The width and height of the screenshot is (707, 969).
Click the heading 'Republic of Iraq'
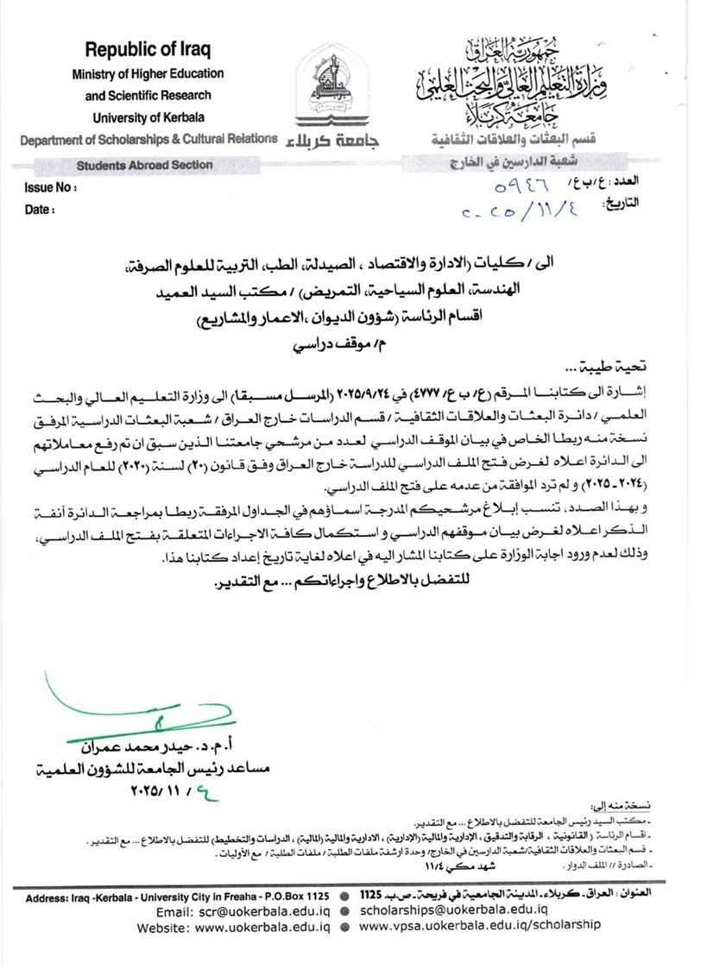[x=148, y=49]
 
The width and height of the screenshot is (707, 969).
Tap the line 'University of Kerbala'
[x=148, y=117]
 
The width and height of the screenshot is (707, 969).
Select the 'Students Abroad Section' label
[x=144, y=165]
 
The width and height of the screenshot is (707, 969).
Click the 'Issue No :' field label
[x=51, y=186]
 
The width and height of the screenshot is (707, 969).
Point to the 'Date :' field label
[x=40, y=209]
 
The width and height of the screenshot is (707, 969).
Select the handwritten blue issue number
[x=526, y=186]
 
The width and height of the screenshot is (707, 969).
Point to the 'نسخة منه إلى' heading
[x=622, y=804]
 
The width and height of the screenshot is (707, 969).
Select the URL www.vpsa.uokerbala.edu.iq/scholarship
[x=479, y=925]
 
